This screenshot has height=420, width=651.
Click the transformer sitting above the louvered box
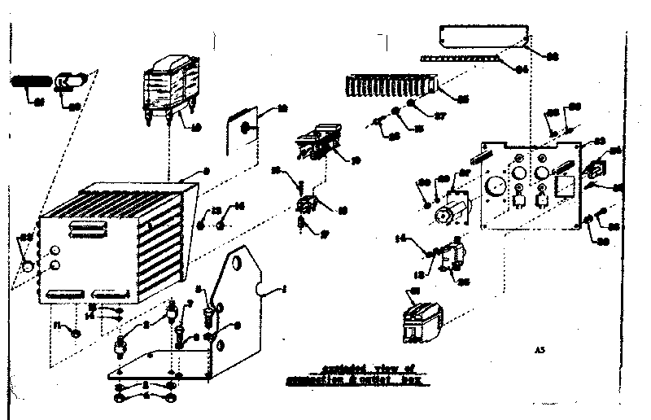coord(173,89)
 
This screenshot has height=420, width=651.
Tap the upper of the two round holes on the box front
coord(55,250)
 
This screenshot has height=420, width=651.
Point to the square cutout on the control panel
coord(562,185)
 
